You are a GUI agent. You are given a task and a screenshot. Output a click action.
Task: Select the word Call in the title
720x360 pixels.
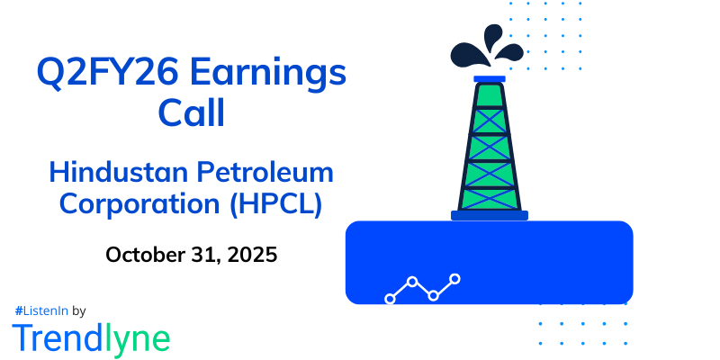point(191,113)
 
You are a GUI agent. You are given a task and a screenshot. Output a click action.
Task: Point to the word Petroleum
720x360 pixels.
point(268,170)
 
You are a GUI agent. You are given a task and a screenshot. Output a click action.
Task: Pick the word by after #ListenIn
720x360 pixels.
point(78,310)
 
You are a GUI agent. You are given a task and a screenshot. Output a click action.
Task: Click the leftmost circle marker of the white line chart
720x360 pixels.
point(391,298)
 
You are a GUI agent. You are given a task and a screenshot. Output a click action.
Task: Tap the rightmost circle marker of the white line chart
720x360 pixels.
point(455,279)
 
